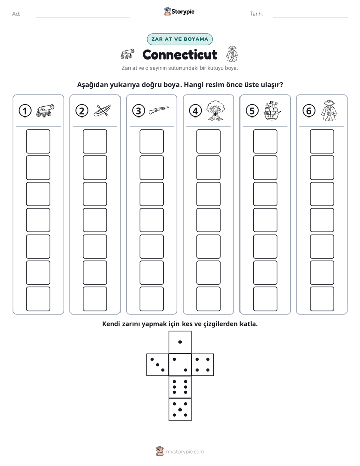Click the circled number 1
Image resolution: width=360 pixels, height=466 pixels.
[x=25, y=111]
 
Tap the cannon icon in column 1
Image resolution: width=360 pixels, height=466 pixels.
[x=45, y=110]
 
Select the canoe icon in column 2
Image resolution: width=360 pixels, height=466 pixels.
[x=102, y=111]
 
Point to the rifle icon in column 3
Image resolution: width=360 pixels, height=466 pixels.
[x=159, y=110]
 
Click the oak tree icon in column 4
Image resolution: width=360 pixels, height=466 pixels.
[x=216, y=110]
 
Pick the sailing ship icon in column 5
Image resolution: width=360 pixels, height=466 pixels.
[x=272, y=111]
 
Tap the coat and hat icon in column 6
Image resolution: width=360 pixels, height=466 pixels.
[x=329, y=110]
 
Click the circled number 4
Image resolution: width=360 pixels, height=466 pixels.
[x=195, y=111]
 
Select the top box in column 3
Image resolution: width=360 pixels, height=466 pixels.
[x=151, y=141]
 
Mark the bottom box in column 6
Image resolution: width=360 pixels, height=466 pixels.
[x=322, y=299]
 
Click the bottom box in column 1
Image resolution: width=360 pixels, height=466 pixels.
[x=38, y=299]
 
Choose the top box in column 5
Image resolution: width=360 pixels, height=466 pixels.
[x=265, y=141]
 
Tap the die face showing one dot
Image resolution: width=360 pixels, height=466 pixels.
[x=180, y=342]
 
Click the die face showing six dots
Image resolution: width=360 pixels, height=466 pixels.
[x=180, y=387]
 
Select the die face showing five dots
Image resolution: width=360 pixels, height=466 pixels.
[x=180, y=410]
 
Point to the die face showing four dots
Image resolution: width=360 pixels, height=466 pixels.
[x=203, y=365]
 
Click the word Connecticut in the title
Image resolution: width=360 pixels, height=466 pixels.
[x=179, y=54]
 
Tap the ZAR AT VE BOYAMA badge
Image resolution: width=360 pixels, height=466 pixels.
[x=179, y=39]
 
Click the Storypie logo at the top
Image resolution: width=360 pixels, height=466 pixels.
[x=179, y=12]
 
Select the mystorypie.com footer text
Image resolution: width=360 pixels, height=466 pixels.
[x=185, y=452]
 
